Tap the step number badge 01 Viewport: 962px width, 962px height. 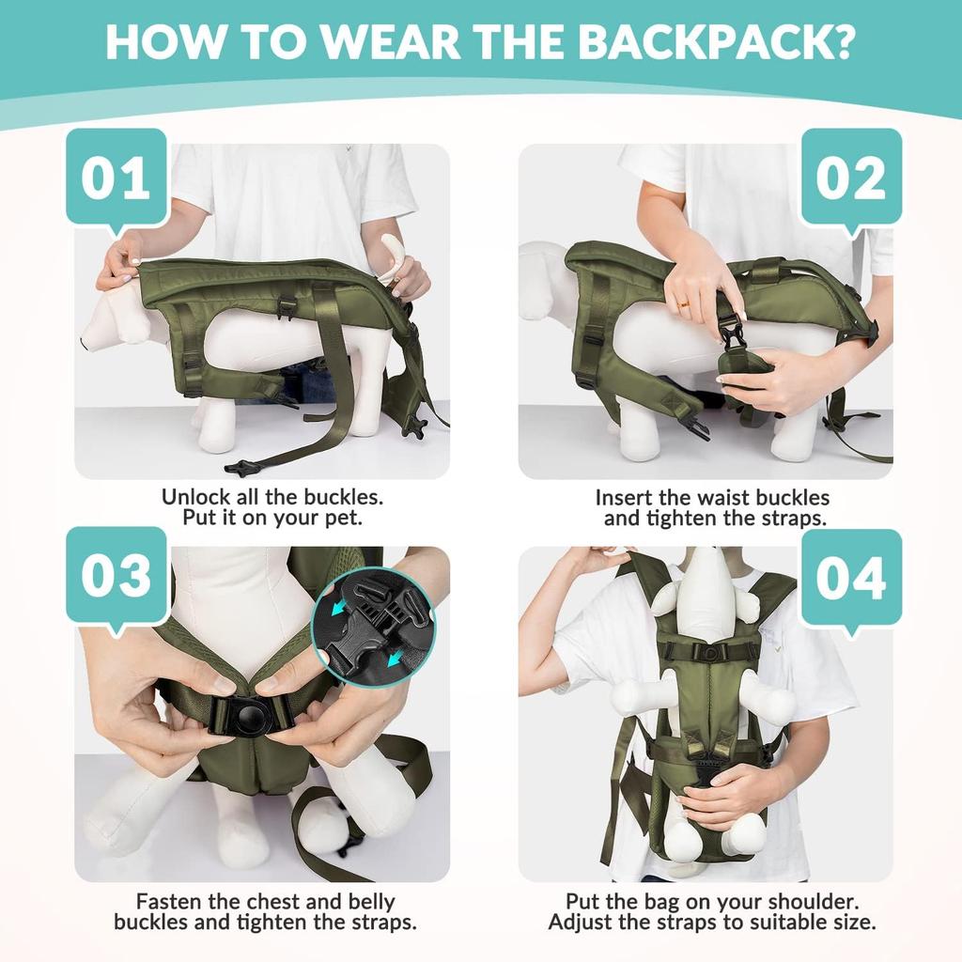coord(116,178)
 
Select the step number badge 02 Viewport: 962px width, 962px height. coord(850,178)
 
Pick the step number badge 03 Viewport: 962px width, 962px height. coord(116,576)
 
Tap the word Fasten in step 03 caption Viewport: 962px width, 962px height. coord(172,901)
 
